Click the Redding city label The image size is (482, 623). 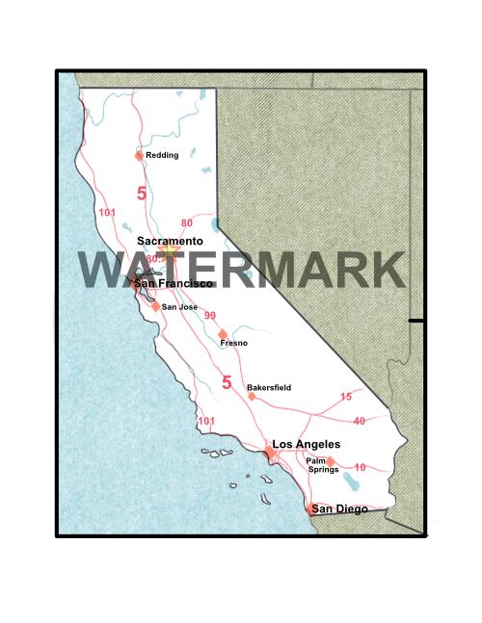pyautogui.click(x=162, y=154)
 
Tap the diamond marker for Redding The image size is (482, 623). pyautogui.click(x=139, y=155)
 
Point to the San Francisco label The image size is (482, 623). pyautogui.click(x=174, y=284)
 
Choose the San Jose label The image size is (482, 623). pyautogui.click(x=179, y=307)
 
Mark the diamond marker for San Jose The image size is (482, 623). pyautogui.click(x=156, y=307)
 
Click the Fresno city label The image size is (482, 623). pyautogui.click(x=234, y=343)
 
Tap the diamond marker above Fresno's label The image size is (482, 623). pyautogui.click(x=223, y=333)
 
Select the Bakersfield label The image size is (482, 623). pyautogui.click(x=269, y=387)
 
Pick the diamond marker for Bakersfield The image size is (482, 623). pyautogui.click(x=252, y=396)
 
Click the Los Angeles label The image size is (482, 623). pyautogui.click(x=307, y=444)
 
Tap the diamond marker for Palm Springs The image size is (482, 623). pyautogui.click(x=331, y=461)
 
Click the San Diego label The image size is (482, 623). pyautogui.click(x=338, y=508)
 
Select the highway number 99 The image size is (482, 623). pyautogui.click(x=209, y=316)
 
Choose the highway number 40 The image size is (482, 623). pyautogui.click(x=360, y=421)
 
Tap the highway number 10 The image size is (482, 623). pyautogui.click(x=360, y=467)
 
